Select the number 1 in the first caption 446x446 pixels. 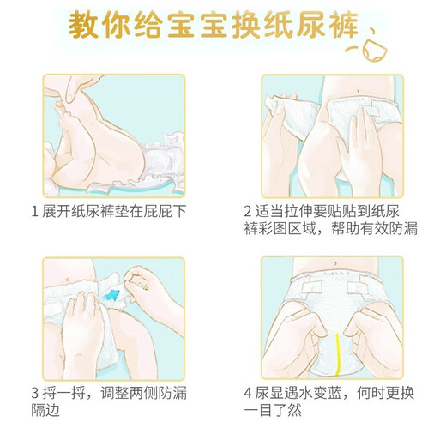click(x=33, y=211)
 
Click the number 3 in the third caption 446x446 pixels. click(x=33, y=393)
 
